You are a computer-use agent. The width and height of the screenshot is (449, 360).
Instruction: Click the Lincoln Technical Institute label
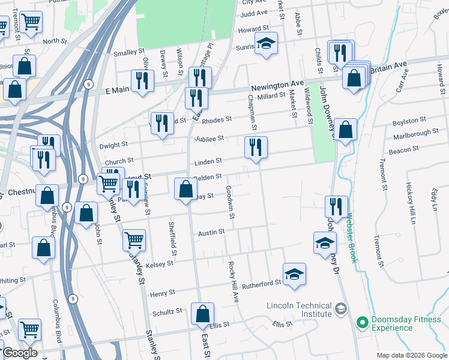(x=299, y=310)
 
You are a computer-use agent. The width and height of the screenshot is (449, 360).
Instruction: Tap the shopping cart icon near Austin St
(x=134, y=240)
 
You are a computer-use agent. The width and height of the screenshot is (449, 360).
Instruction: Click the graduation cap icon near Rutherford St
(x=294, y=274)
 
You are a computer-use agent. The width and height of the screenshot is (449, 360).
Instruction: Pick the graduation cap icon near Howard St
(x=266, y=43)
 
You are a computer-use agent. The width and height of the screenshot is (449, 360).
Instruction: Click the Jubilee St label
(x=209, y=139)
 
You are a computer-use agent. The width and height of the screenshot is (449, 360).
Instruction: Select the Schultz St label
(x=167, y=311)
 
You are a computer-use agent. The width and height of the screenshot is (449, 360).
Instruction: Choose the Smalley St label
(x=129, y=53)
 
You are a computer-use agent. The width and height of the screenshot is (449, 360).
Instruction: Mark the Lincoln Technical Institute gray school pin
(x=341, y=309)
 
